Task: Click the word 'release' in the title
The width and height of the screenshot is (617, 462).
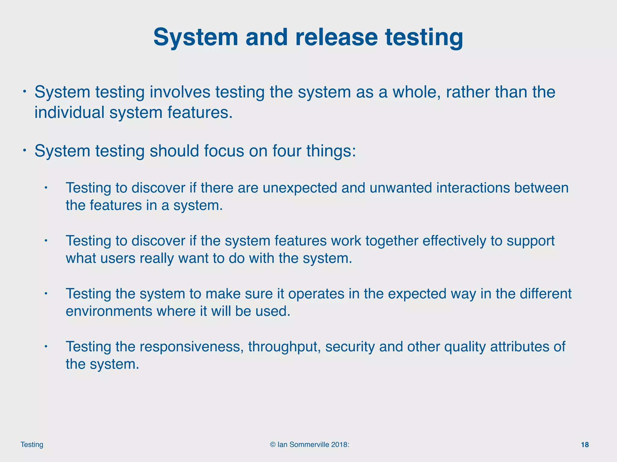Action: [336, 37]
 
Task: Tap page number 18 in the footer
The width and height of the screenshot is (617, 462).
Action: [585, 445]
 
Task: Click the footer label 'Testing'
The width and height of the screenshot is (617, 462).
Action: [32, 445]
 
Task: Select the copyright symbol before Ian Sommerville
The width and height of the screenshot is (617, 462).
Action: [273, 445]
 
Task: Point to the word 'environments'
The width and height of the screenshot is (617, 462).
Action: [109, 311]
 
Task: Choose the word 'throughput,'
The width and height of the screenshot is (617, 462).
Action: [284, 347]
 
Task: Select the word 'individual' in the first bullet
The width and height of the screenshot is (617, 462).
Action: [69, 112]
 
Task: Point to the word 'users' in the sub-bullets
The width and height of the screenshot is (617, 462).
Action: [117, 258]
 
